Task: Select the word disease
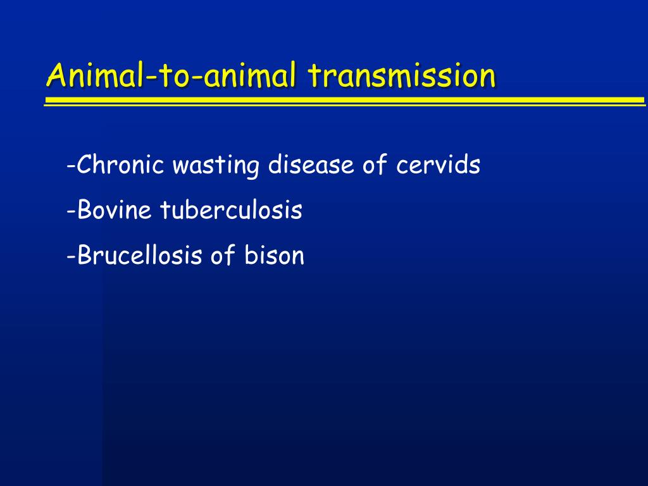[x=311, y=164]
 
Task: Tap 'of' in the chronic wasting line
[x=375, y=164]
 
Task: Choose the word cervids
[x=438, y=164]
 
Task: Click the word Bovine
[x=114, y=209]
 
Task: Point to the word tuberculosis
[x=232, y=209]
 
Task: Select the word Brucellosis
[x=139, y=254]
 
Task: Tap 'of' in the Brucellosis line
[x=223, y=254]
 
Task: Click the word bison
[x=274, y=254]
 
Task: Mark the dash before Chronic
[x=71, y=166]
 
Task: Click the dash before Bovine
[x=71, y=211]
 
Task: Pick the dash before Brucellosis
[x=71, y=256]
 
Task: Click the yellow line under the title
[x=345, y=101]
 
